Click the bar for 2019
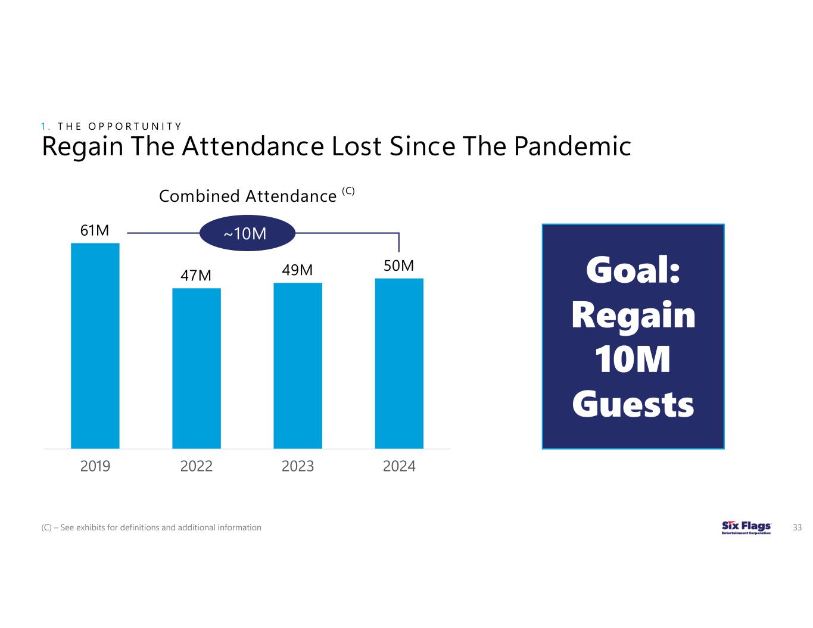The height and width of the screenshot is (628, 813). tap(95, 345)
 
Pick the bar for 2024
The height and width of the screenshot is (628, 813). tap(399, 363)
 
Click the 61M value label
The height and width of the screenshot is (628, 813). tap(95, 230)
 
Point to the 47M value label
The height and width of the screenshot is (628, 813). tap(196, 276)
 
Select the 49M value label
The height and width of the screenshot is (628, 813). tap(297, 270)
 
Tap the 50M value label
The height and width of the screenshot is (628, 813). tap(398, 266)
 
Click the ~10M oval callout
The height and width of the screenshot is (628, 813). tap(247, 233)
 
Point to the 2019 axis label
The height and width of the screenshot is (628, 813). tap(95, 466)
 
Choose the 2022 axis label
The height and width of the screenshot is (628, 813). tap(197, 466)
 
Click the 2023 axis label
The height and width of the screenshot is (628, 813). tap(298, 466)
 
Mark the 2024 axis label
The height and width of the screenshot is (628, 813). tap(399, 466)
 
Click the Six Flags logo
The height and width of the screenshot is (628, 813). tap(746, 527)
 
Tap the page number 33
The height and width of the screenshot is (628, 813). tap(798, 527)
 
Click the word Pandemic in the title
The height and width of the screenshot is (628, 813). tap(572, 146)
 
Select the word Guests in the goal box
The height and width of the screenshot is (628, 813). tap(633, 405)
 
